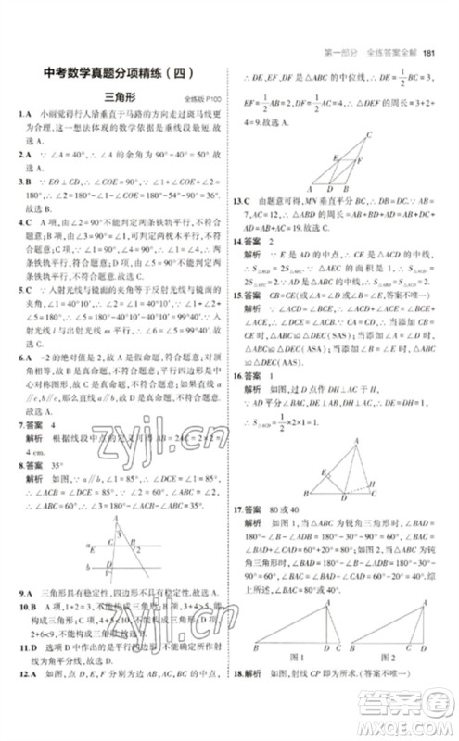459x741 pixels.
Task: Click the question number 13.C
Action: tap(243, 201)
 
